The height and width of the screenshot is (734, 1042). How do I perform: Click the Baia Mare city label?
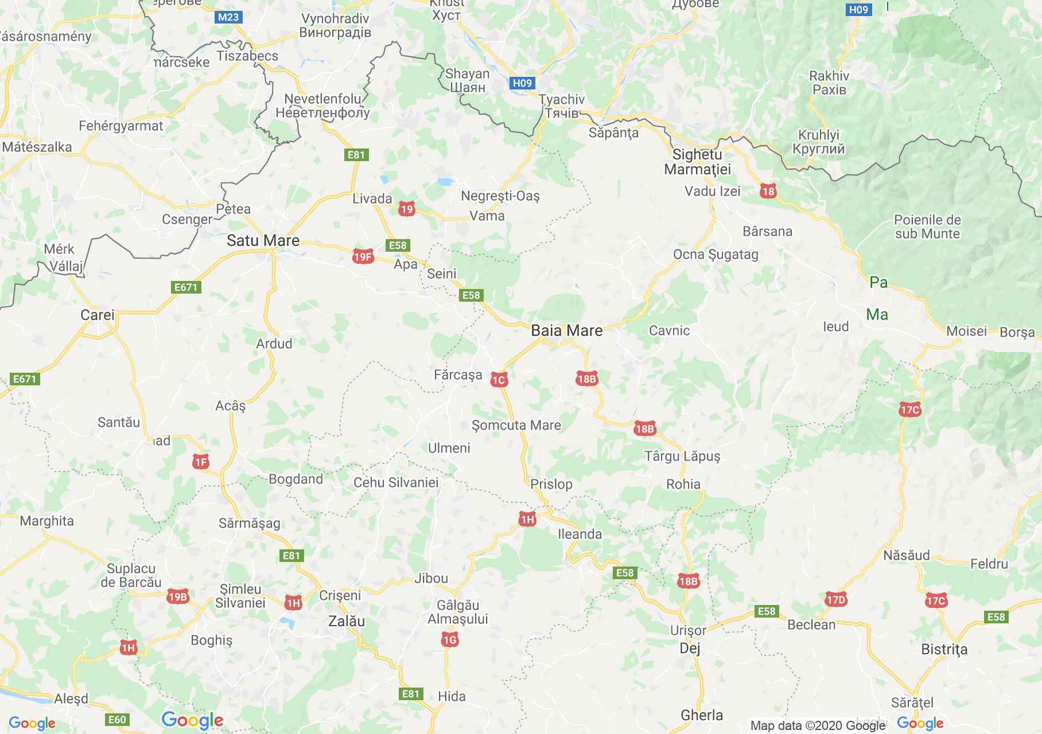(566, 330)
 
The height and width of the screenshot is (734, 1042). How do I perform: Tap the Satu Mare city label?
(263, 240)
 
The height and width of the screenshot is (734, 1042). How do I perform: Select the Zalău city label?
(346, 621)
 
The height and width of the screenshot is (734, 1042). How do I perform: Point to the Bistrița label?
(944, 649)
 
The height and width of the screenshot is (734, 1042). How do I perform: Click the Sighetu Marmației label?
(697, 162)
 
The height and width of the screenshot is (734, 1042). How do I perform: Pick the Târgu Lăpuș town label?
(682, 456)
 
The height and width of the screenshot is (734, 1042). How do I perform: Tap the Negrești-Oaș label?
(500, 196)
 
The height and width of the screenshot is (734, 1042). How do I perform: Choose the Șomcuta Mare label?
(516, 425)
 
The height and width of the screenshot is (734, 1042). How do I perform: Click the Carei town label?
(98, 315)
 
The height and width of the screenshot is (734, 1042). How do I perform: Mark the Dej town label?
(690, 649)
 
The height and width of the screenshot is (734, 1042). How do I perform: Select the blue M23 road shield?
(228, 17)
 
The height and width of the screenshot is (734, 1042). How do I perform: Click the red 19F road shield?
(363, 257)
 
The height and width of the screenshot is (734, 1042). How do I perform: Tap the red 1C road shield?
(499, 380)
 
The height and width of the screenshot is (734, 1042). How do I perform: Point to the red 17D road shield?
(836, 600)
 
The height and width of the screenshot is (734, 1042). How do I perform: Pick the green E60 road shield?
(117, 720)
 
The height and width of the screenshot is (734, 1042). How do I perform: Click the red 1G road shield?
(450, 639)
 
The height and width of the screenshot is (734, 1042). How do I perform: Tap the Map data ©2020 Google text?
(818, 726)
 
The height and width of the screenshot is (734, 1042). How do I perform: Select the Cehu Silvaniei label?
(396, 482)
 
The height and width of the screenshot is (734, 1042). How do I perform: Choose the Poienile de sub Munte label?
(927, 227)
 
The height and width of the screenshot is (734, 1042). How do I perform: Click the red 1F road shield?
(200, 462)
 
